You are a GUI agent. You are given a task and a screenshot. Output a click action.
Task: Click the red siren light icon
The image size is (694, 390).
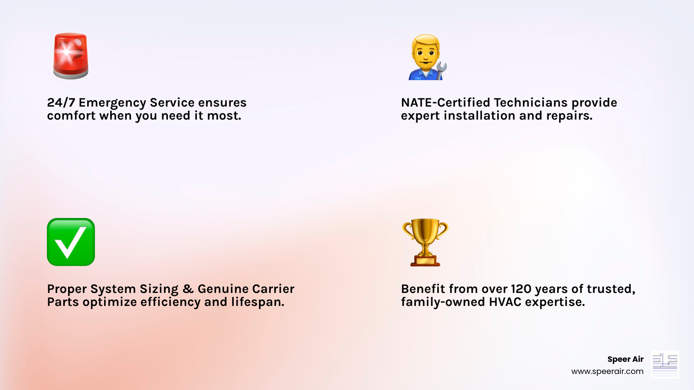point(71,56)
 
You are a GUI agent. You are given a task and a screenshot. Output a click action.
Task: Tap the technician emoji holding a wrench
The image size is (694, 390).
point(426,57)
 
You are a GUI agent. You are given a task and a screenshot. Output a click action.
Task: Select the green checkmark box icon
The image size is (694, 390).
point(71,242)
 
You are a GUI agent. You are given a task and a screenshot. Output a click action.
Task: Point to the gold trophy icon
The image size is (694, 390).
point(425,242)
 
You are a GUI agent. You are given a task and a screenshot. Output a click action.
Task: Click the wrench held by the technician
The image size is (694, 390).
point(441,70)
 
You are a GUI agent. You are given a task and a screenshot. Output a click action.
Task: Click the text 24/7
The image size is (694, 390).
point(61,103)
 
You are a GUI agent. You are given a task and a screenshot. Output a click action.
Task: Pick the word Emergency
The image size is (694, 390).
point(112,103)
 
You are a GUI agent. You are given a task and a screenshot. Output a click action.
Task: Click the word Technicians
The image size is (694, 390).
point(530,103)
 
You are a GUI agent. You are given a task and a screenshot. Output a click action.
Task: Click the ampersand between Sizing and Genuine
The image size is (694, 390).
point(188,289)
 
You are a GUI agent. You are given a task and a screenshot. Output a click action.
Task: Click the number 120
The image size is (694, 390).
point(521,289)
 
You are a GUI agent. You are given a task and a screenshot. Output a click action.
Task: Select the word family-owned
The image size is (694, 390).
point(443,302)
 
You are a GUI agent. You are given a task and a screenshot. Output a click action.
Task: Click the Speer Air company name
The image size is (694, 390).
point(625,359)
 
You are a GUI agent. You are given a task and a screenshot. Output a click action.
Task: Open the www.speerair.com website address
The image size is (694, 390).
point(607,371)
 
